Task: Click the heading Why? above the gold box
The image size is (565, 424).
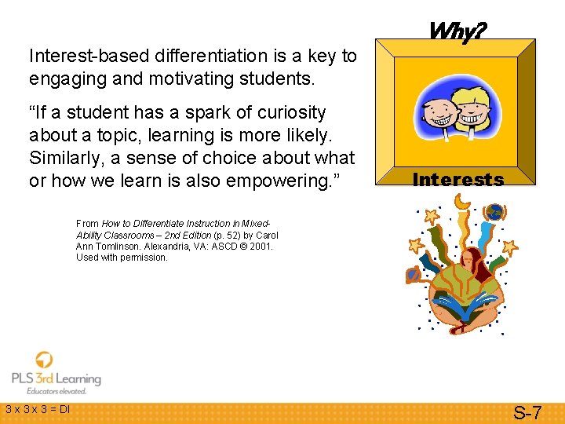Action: pyautogui.click(x=457, y=31)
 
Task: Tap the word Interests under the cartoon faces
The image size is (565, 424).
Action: pyautogui.click(x=457, y=180)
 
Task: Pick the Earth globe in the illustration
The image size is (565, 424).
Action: pyautogui.click(x=494, y=212)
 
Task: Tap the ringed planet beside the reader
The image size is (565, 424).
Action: pyautogui.click(x=414, y=274)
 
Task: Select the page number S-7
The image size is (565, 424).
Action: pyautogui.click(x=527, y=411)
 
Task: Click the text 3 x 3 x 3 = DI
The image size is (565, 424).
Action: pyautogui.click(x=38, y=409)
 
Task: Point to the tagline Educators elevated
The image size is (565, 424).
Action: pyautogui.click(x=56, y=391)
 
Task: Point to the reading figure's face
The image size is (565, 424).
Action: pyautogui.click(x=468, y=261)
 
